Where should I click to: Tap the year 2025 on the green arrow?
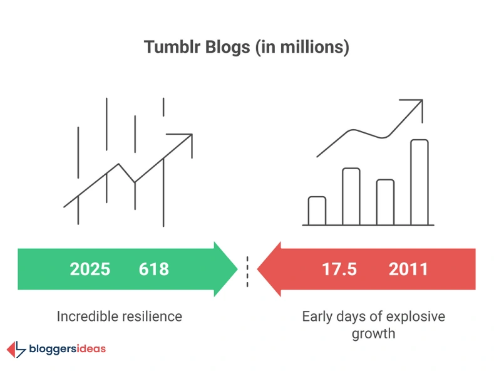pyautogui.click(x=90, y=269)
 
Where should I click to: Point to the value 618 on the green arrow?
pyautogui.click(x=153, y=269)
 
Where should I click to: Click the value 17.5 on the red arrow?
pyautogui.click(x=339, y=269)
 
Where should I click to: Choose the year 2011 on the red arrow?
pyautogui.click(x=408, y=269)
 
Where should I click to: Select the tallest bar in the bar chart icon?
pyautogui.click(x=419, y=182)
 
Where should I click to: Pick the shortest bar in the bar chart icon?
pyautogui.click(x=317, y=211)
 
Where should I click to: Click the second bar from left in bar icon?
pyautogui.click(x=351, y=196)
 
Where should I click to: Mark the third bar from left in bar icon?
pyautogui.click(x=385, y=202)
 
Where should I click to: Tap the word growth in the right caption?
pyautogui.click(x=373, y=333)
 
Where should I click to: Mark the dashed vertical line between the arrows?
pyautogui.click(x=247, y=269)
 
